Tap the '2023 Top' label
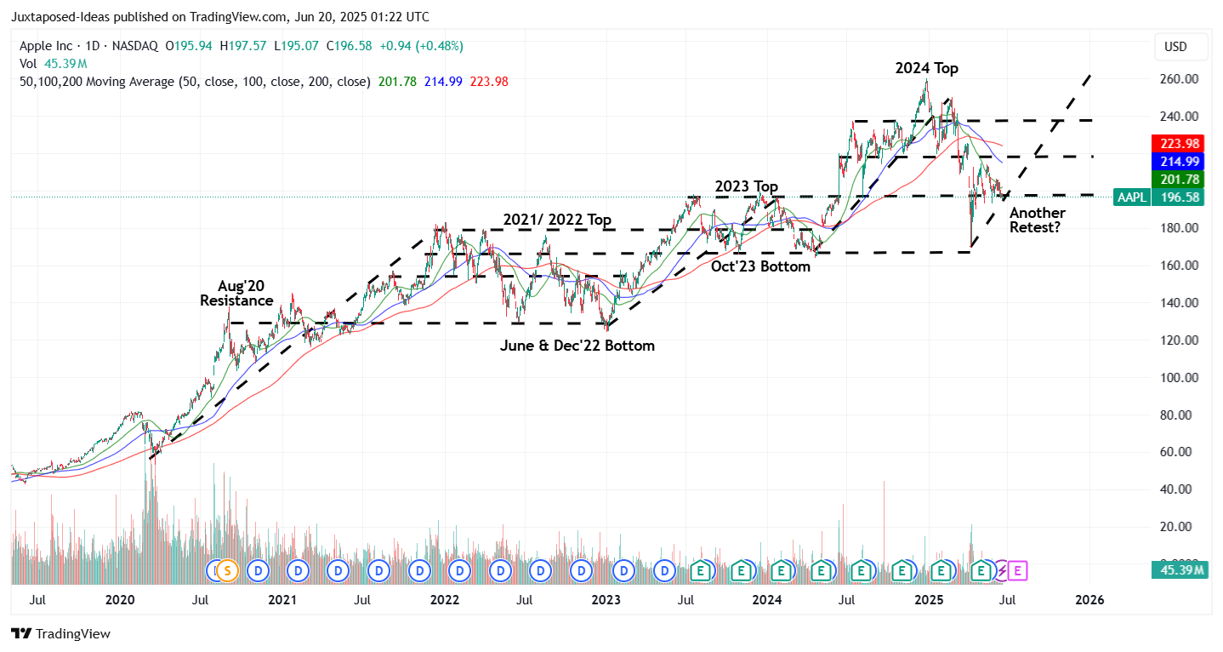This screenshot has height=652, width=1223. click(746, 186)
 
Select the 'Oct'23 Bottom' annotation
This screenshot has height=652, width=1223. click(760, 266)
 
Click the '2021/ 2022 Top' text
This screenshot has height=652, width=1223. click(556, 220)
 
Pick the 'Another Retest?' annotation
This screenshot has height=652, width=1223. click(1037, 220)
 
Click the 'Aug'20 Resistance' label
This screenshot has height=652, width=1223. click(236, 294)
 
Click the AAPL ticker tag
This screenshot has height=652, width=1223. click(1131, 197)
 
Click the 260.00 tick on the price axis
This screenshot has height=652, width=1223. click(1180, 79)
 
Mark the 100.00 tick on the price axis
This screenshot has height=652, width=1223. click(1180, 378)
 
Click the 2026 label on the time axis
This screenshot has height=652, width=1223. click(1089, 599)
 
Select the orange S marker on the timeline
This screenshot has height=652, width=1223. click(225, 569)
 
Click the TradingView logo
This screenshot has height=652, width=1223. click(60, 634)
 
